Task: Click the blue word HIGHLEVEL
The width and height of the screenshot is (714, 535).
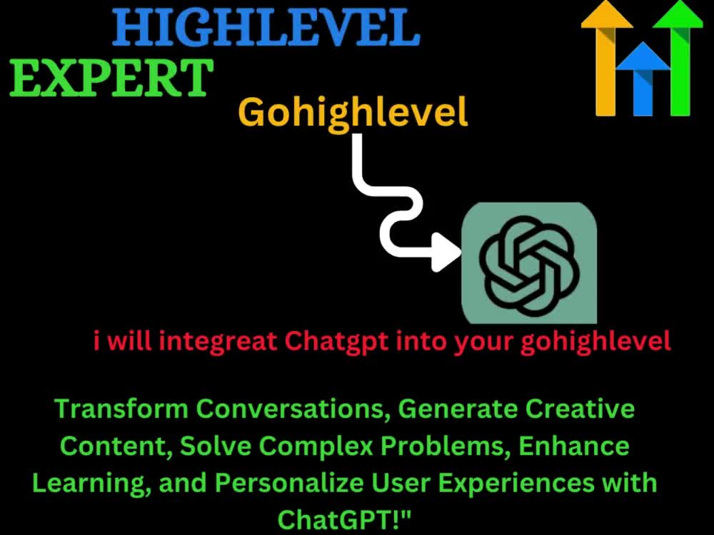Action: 266,29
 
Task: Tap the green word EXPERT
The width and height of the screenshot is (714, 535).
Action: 112,78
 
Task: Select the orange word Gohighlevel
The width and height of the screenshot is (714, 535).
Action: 353,112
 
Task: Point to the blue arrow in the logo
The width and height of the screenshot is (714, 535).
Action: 642,78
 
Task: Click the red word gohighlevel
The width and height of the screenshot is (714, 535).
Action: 595,342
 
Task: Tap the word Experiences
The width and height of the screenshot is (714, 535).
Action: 508,483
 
